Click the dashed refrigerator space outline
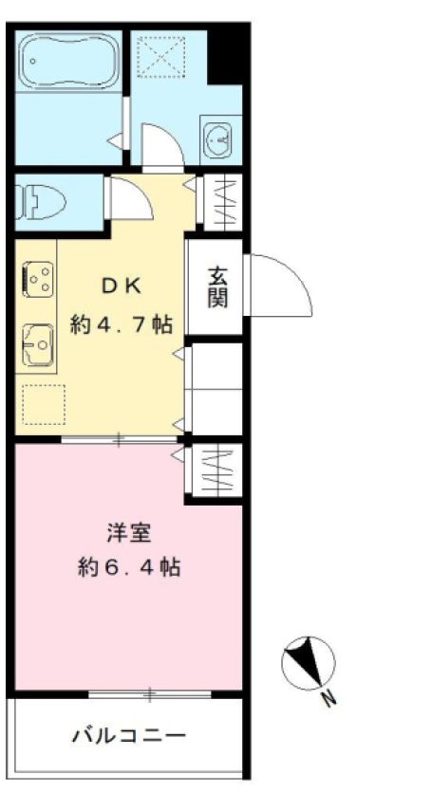(43, 403)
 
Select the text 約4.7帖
(122, 323)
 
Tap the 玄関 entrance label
(217, 287)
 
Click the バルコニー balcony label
(128, 735)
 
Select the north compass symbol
(309, 661)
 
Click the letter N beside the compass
(328, 701)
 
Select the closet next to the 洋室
(216, 470)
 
